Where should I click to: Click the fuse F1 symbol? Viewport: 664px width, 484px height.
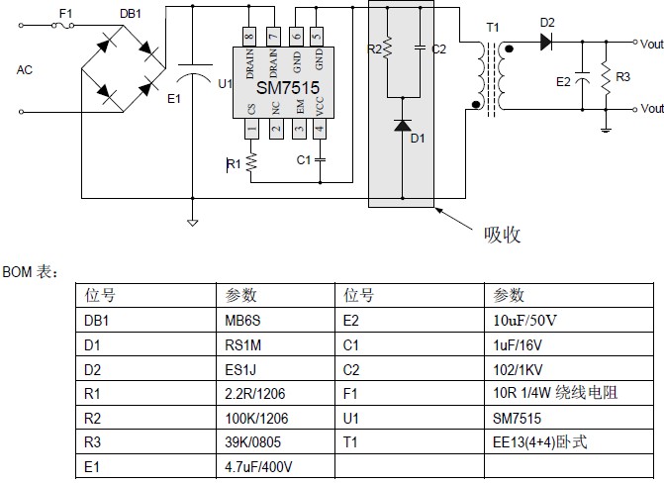coord(66,27)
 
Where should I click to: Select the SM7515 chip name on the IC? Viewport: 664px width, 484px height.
coord(288,88)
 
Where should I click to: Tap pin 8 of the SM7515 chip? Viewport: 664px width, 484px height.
coord(250,37)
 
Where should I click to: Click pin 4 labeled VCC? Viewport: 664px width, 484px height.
coord(318,129)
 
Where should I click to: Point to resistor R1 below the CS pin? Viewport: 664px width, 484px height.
coord(251,161)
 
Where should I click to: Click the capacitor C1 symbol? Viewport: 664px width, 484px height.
coord(318,158)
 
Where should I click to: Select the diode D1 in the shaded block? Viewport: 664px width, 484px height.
coord(402,126)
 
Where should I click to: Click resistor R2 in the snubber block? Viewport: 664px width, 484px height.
coord(388,48)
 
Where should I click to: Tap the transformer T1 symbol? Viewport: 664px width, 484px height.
coord(491,75)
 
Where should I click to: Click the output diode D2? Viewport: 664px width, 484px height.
coord(547,42)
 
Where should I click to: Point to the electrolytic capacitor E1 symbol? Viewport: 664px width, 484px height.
coord(193,78)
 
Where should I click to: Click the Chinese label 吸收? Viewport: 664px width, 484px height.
coord(502,235)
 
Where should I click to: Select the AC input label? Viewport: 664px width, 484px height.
coord(25,70)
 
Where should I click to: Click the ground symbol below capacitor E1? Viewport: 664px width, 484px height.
coord(193,223)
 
